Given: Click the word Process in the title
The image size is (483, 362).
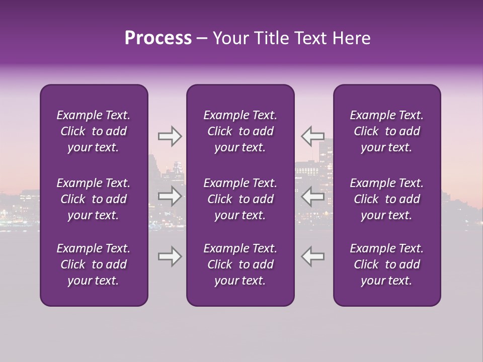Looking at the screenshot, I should (158, 38).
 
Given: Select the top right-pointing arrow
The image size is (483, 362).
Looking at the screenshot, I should (170, 136).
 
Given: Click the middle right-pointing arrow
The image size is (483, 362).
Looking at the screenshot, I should (170, 196).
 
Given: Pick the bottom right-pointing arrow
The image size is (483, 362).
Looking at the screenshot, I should (170, 256).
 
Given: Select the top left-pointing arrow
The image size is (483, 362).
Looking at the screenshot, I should (313, 136).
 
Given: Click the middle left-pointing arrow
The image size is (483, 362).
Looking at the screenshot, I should (313, 196).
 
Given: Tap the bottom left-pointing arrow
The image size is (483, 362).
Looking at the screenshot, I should (313, 256).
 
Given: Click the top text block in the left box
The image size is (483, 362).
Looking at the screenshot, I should (94, 131).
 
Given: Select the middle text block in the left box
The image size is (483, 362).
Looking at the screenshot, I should (94, 199).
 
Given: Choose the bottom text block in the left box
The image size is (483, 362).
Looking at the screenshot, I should (94, 264).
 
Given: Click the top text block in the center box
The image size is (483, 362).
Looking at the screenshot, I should (240, 131).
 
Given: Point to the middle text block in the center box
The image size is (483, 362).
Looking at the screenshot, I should (240, 199).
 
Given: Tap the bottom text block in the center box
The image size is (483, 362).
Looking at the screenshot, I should (240, 264).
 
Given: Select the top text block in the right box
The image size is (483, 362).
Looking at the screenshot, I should (386, 131).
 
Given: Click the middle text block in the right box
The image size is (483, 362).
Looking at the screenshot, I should (386, 199).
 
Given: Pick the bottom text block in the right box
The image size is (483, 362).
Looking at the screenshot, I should (386, 264).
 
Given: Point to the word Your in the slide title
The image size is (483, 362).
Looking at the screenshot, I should (229, 38).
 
